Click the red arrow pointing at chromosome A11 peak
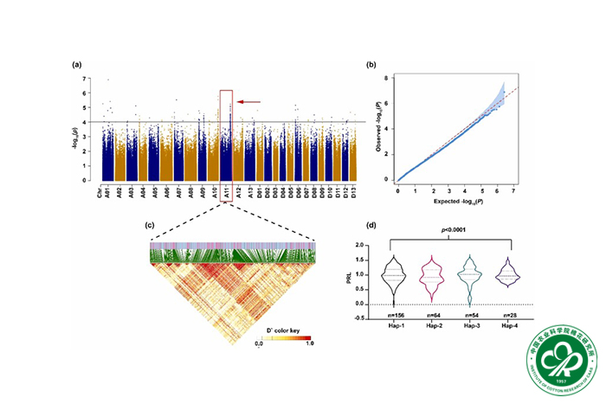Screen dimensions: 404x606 pyautogui.click(x=249, y=102)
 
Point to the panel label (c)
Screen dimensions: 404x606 pyautogui.click(x=150, y=225)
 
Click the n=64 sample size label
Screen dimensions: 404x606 pyautogui.click(x=434, y=317)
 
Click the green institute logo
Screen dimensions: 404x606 pyautogui.click(x=558, y=356)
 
